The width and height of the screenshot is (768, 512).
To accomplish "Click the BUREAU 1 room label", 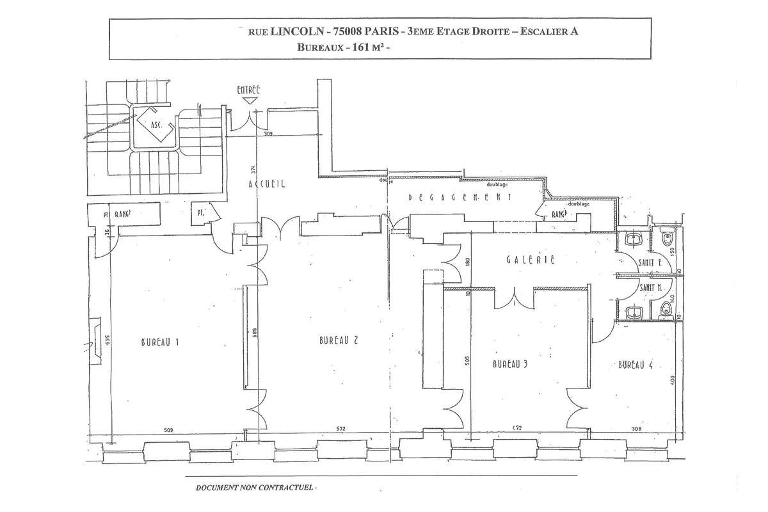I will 159,342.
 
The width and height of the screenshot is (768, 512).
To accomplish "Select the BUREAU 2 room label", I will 338,340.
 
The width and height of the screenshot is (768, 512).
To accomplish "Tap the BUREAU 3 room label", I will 509,364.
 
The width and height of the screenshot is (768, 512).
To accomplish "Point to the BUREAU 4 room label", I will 635,365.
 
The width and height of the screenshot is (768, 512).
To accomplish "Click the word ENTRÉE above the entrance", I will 248,90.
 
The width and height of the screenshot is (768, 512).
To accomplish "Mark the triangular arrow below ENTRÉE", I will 248,101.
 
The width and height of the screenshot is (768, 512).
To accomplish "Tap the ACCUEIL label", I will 266,184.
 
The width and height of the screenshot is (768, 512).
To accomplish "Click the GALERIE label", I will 529,260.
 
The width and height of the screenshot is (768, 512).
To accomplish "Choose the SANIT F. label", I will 650,263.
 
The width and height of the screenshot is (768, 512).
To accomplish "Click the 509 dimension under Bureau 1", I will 168,429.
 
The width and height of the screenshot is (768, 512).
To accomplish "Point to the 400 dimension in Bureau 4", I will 672,380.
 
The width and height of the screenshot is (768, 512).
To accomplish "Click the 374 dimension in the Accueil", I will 253,170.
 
